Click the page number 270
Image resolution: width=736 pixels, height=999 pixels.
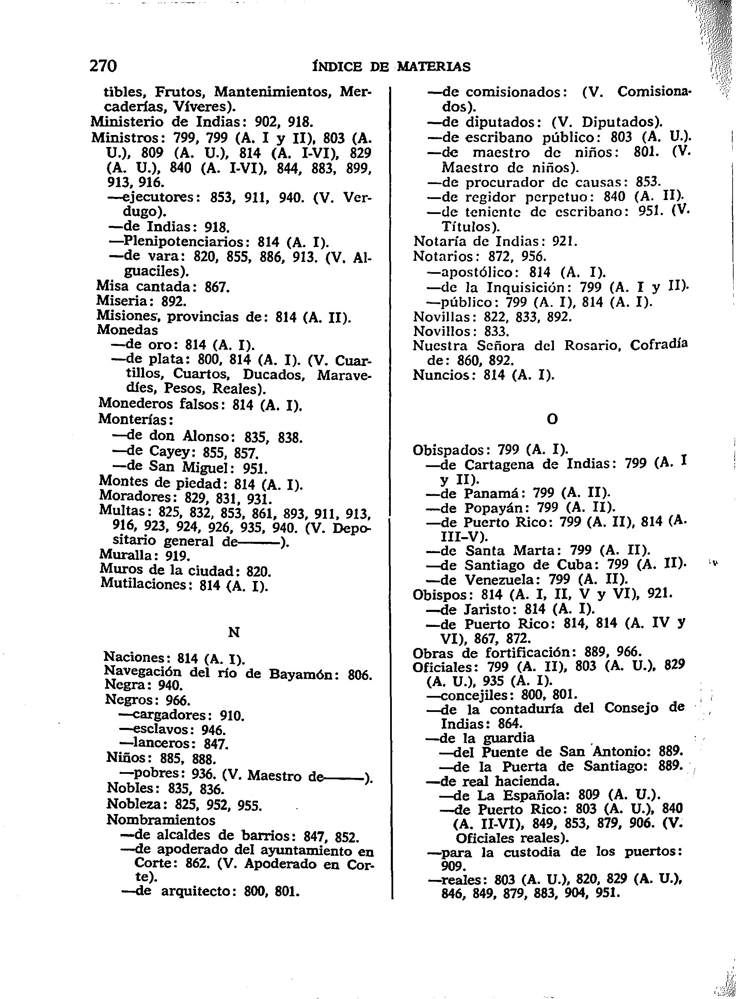[103, 66]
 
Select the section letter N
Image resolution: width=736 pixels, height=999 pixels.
[234, 632]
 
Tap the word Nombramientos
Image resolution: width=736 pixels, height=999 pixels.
[160, 820]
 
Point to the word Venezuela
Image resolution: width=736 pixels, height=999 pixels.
[499, 580]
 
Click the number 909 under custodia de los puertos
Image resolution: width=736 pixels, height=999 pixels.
[453, 866]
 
